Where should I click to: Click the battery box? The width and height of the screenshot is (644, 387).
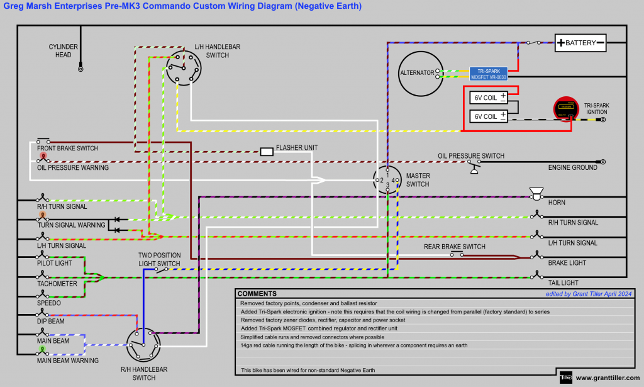tap(580, 43)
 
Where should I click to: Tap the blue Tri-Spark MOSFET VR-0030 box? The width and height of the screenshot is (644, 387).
tap(489, 73)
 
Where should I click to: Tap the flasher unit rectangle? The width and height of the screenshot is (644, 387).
tap(266, 151)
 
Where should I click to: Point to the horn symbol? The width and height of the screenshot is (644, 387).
tap(536, 193)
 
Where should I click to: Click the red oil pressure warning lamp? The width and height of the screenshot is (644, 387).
tap(43, 155)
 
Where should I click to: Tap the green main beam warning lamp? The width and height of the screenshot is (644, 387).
tap(43, 349)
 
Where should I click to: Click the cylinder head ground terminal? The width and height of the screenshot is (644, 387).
tap(80, 69)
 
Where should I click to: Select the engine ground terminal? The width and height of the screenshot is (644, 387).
tap(602, 162)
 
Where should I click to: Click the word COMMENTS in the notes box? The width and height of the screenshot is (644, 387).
tap(257, 294)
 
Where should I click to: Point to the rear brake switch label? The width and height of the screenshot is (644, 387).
tap(454, 246)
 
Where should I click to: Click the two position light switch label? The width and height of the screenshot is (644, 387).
tap(159, 259)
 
